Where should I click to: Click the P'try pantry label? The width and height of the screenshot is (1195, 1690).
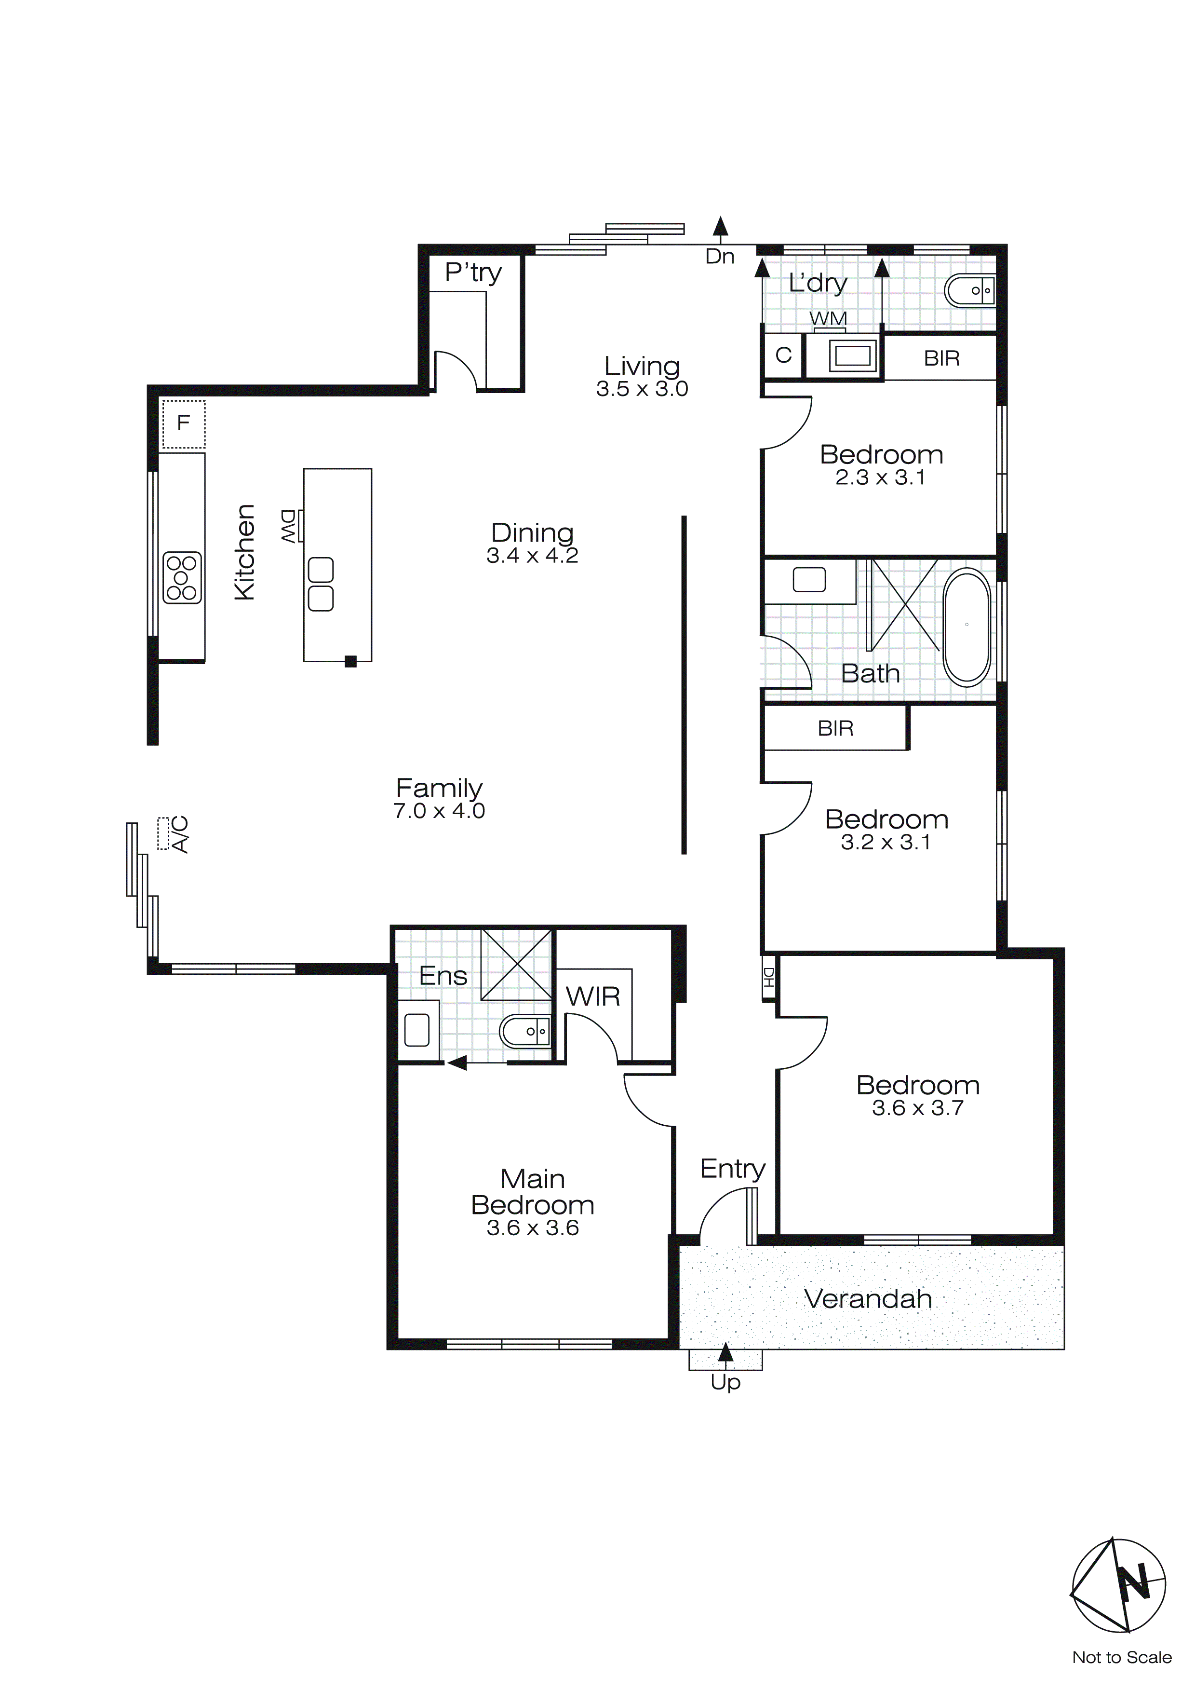pyautogui.click(x=473, y=273)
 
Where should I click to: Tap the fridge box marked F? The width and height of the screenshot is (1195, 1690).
pyautogui.click(x=183, y=423)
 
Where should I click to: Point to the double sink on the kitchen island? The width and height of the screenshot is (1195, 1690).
pyautogui.click(x=321, y=585)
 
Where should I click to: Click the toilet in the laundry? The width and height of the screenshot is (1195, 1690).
pyautogui.click(x=968, y=291)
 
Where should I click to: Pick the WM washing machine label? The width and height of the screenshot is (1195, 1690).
pyautogui.click(x=829, y=319)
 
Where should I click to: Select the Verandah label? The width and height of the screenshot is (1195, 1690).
pyautogui.click(x=868, y=1299)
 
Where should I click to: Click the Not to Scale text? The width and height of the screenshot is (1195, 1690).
pyautogui.click(x=1121, y=1657)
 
